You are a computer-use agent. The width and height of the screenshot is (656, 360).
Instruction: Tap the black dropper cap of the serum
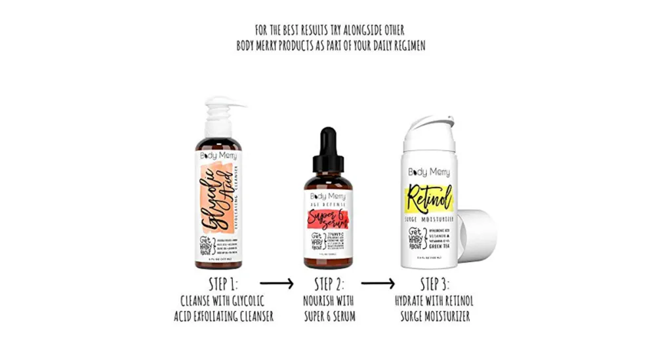point(328,148)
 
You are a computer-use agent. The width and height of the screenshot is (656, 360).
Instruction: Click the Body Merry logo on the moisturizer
point(429,172)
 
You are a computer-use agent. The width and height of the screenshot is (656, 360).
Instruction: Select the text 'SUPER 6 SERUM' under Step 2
point(329,317)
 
